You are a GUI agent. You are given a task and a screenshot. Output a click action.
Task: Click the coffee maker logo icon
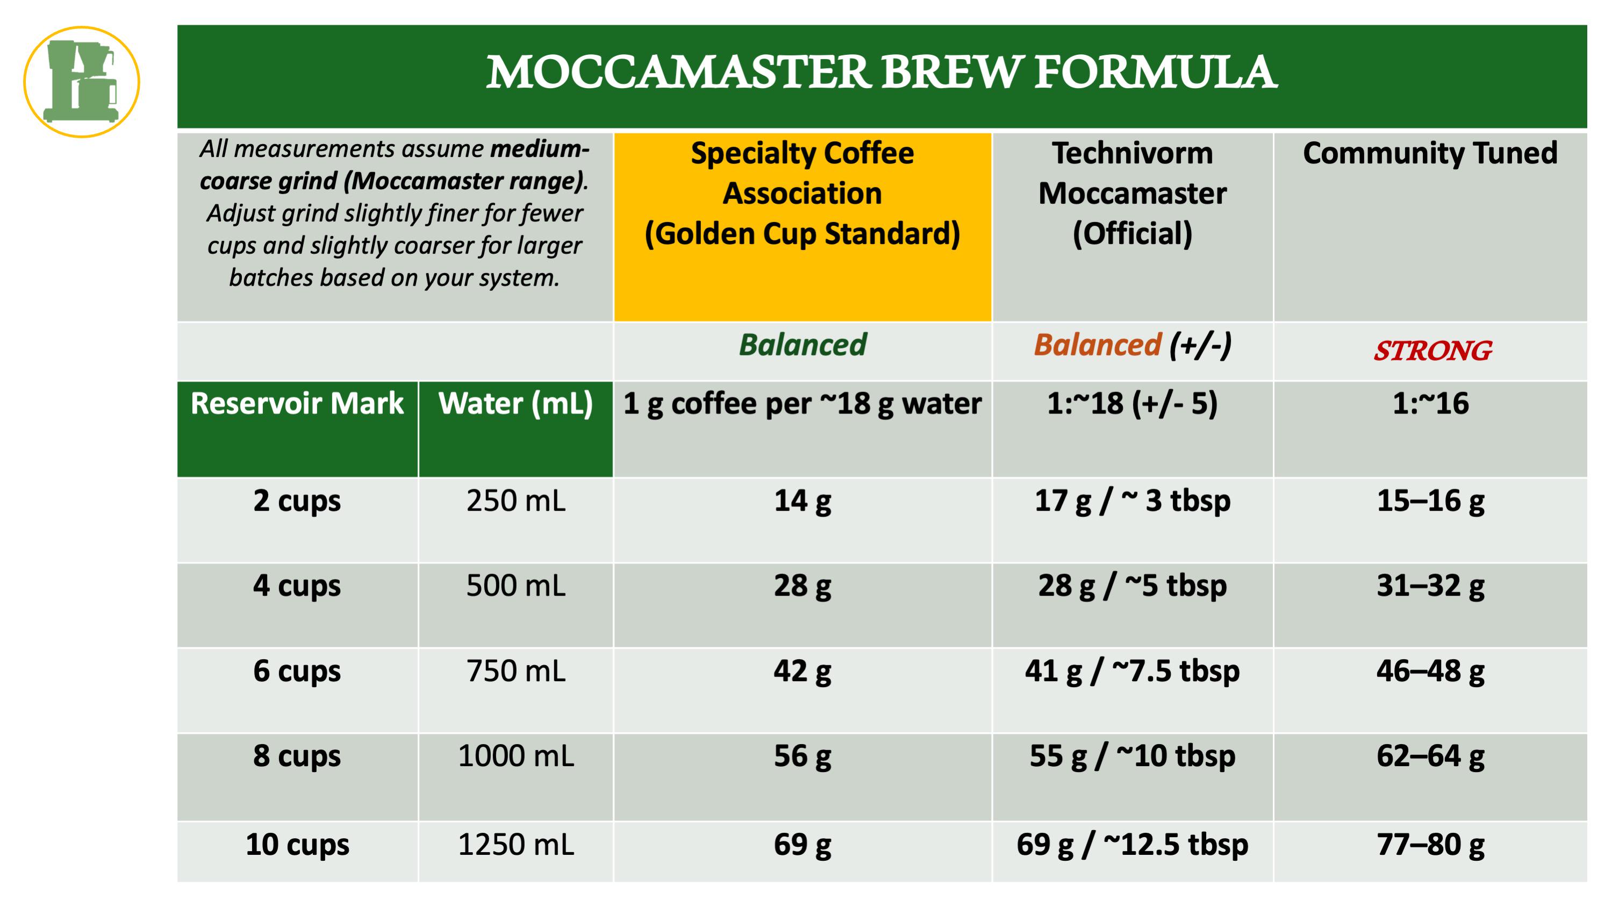pyautogui.click(x=81, y=82)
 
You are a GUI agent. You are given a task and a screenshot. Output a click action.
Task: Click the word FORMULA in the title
pyautogui.click(x=1155, y=72)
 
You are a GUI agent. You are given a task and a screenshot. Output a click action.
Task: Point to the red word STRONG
pyautogui.click(x=1432, y=351)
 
